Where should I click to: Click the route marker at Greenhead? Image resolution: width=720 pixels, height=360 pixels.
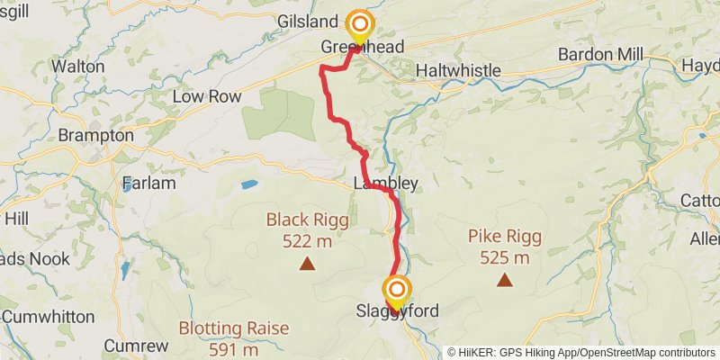(360, 25)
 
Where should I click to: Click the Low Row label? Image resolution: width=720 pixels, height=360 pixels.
(202, 95)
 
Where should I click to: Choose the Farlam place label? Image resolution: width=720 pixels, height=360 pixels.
(148, 183)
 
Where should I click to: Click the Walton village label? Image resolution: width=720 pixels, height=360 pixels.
(78, 66)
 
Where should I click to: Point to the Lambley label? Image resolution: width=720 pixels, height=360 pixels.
(386, 184)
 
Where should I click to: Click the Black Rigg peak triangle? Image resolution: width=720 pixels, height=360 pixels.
(307, 264)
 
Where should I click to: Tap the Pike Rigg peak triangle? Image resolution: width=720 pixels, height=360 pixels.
(505, 280)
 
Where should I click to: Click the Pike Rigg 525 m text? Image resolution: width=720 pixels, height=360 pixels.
(505, 247)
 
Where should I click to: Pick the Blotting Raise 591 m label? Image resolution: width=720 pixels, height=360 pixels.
(234, 337)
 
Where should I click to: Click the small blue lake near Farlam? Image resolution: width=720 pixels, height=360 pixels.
(248, 184)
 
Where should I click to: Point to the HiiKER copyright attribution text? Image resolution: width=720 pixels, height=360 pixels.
(580, 353)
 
